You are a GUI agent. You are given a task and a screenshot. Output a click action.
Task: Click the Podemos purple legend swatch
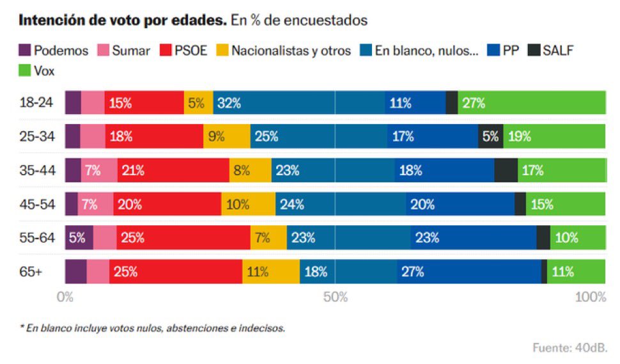(x=25, y=51)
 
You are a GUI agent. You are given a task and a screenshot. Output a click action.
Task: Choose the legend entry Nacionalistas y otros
(x=291, y=51)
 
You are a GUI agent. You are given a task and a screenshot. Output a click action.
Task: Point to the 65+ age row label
(x=31, y=271)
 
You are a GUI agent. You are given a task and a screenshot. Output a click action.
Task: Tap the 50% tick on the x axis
(x=335, y=297)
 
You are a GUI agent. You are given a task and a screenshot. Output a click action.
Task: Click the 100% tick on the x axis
(x=591, y=297)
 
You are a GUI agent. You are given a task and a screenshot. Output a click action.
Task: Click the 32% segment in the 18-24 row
(x=275, y=103)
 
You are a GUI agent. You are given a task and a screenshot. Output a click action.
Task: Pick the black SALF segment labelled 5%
(x=490, y=136)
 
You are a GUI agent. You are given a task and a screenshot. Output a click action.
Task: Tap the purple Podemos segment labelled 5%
(x=79, y=237)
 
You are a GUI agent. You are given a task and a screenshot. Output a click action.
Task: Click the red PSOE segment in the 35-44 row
(x=173, y=170)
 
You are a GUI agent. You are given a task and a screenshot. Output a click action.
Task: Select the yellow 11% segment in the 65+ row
(x=270, y=271)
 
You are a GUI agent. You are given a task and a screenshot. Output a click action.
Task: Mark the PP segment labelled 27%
(x=437, y=271)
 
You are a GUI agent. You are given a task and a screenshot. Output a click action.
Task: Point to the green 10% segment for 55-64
(x=578, y=237)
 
